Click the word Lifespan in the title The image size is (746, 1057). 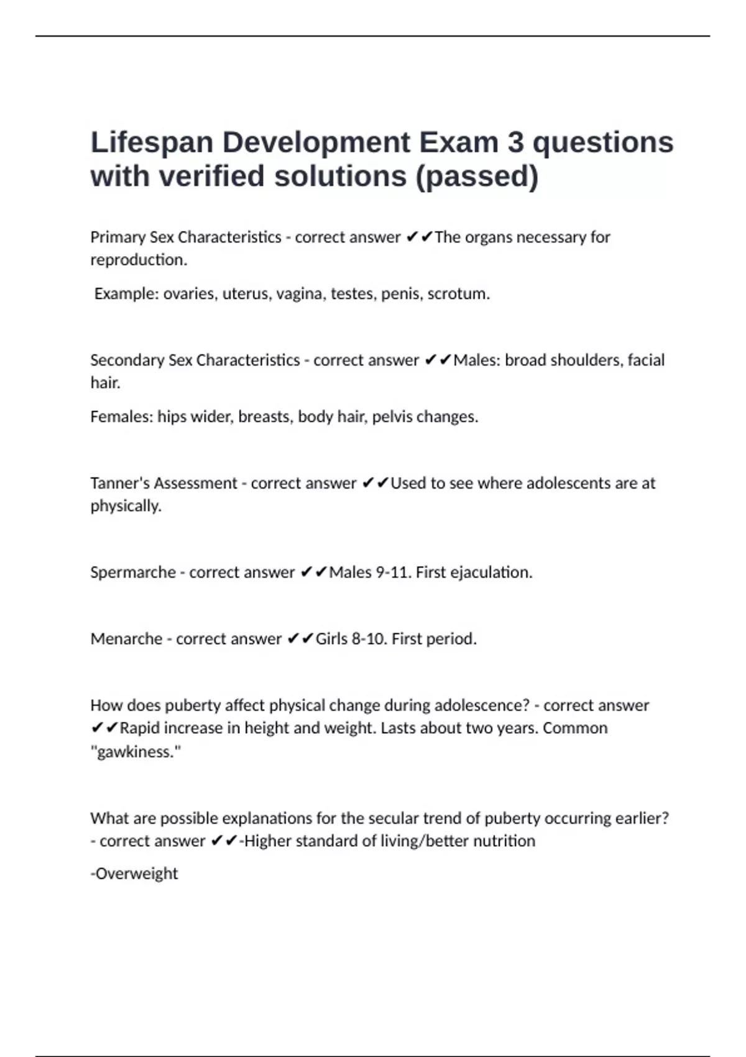click(152, 142)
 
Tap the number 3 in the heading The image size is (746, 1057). click(515, 142)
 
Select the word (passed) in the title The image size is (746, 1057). click(476, 177)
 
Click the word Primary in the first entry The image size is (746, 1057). click(117, 238)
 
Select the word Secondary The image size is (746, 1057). click(127, 360)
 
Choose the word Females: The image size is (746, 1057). click(122, 417)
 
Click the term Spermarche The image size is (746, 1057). click(133, 572)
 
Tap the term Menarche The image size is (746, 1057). click(126, 639)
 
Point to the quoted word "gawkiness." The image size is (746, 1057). click(136, 752)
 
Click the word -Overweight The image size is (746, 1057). click(134, 874)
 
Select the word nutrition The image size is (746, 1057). click(504, 841)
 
